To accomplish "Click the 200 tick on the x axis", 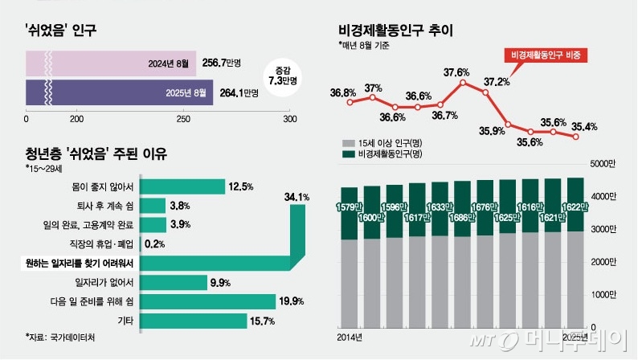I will click(x=78, y=119).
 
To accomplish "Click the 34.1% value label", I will click(x=297, y=197).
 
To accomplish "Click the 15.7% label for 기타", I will click(x=264, y=321).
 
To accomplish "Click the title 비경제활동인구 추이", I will click(x=396, y=31).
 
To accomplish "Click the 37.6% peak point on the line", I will click(x=462, y=83).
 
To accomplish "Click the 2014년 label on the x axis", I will click(x=349, y=335).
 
